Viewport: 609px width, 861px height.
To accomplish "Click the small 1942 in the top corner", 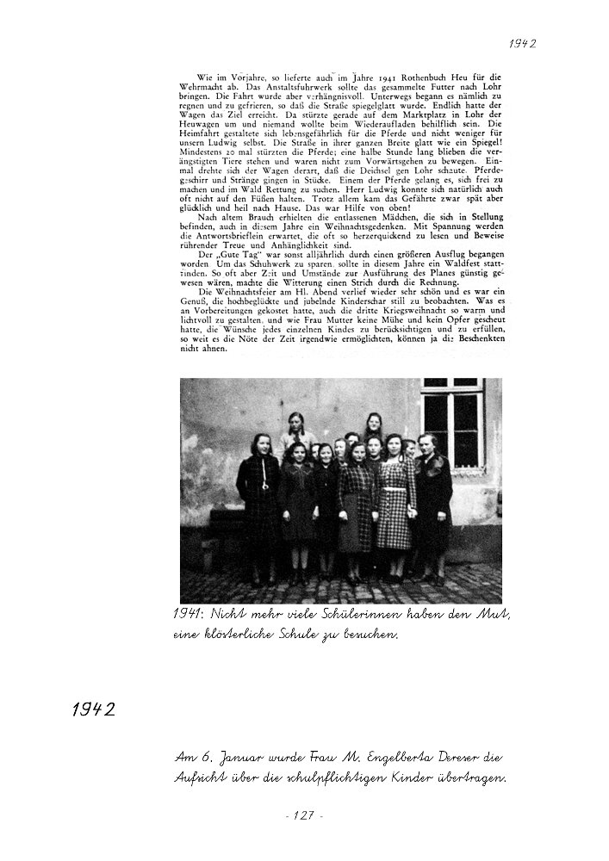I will (x=522, y=43).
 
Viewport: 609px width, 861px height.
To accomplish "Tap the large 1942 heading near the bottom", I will (x=94, y=709).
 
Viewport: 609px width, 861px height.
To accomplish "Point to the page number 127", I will (x=303, y=815).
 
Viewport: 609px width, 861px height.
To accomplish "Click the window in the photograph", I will (x=451, y=418).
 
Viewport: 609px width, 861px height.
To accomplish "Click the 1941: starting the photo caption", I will (x=188, y=613).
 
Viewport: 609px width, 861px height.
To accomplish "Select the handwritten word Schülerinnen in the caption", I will (x=353, y=613).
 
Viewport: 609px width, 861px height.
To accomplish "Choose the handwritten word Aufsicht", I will (x=203, y=778).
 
